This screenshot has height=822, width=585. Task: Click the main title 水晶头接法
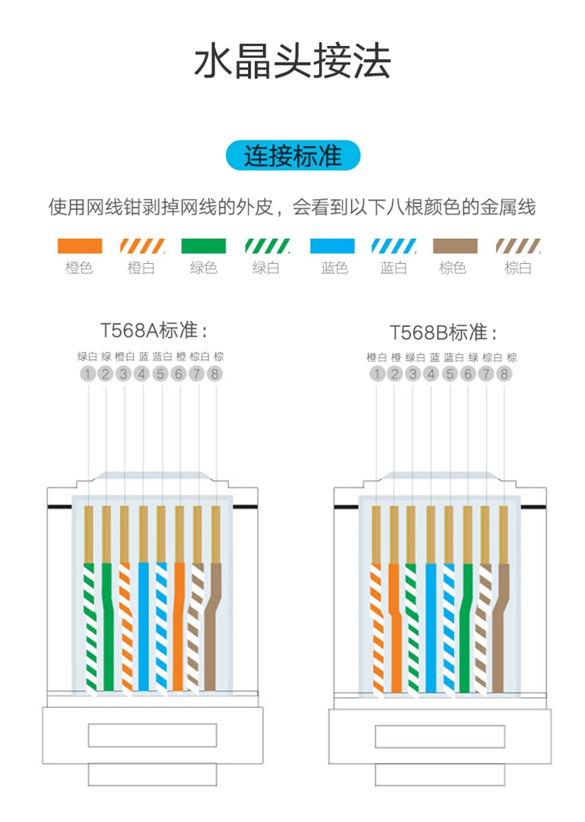(292, 62)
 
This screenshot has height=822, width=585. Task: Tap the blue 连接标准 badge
(292, 156)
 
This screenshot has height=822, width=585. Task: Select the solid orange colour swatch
(80, 246)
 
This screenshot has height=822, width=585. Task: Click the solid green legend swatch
(204, 246)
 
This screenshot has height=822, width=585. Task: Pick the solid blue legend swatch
(333, 246)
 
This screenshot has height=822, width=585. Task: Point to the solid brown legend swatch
(454, 246)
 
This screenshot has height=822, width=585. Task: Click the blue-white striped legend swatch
(394, 246)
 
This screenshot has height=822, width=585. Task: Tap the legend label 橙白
(141, 269)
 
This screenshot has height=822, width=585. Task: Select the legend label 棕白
(518, 269)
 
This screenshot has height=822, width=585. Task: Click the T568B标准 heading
(442, 332)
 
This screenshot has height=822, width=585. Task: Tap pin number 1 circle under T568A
(88, 374)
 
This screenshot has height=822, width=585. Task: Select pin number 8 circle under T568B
(505, 374)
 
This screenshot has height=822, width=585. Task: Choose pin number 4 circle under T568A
(142, 374)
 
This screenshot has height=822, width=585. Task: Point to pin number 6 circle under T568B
(468, 374)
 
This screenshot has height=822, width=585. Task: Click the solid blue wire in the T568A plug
(144, 625)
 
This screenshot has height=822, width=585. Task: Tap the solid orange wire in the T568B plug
(395, 625)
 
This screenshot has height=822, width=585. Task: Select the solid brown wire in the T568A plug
(213, 625)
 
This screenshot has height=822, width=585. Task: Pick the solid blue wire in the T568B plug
(431, 625)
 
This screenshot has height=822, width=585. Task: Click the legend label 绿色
(204, 269)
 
